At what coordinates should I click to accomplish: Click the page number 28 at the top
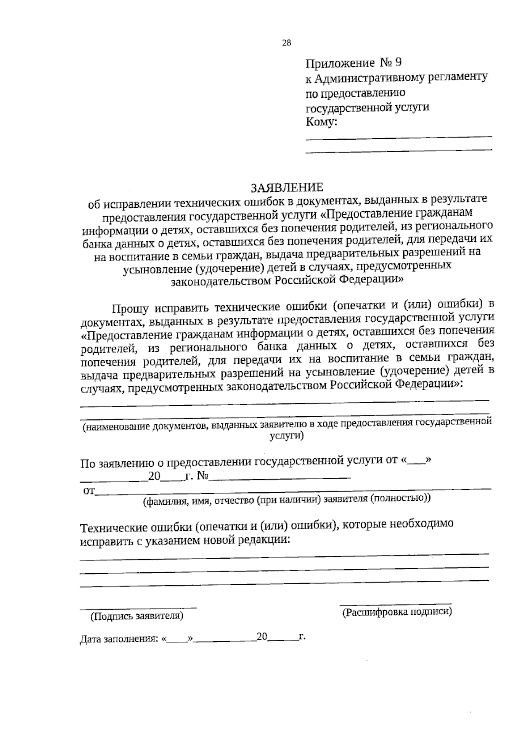click(286, 43)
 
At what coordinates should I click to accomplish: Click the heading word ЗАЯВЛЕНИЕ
click(287, 187)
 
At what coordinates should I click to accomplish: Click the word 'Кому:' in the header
click(322, 122)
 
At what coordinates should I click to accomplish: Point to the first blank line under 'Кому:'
click(398, 137)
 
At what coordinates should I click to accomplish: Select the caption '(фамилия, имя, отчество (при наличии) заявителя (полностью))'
click(287, 499)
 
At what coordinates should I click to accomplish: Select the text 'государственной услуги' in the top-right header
click(367, 107)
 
